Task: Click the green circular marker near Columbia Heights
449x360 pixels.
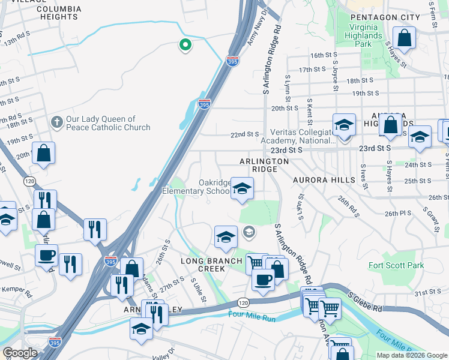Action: point(185,44)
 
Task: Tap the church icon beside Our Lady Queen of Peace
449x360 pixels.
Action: point(57,122)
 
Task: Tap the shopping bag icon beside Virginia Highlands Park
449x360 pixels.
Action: point(406,38)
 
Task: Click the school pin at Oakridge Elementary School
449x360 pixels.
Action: point(242,189)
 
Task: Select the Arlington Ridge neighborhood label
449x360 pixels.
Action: point(264,166)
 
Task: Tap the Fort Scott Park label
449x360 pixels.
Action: point(396,265)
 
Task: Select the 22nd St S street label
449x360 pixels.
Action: point(244,134)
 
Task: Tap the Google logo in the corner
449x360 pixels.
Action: point(20,353)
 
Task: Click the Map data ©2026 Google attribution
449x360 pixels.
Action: point(412,355)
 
